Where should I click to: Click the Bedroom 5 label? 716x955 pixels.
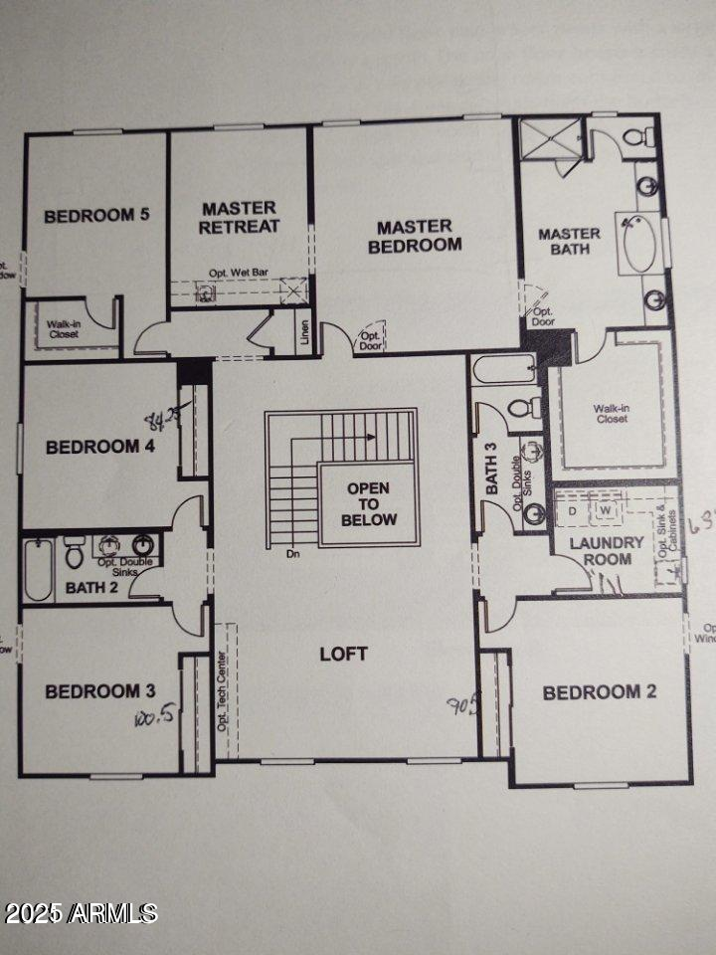(x=96, y=215)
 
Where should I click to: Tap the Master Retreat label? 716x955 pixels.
(x=239, y=217)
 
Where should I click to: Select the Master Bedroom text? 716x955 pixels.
(x=415, y=237)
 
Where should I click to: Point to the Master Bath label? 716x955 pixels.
(x=570, y=241)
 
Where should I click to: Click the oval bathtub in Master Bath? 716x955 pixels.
(x=640, y=242)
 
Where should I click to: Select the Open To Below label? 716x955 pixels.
(x=368, y=504)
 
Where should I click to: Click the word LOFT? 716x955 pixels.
(x=343, y=654)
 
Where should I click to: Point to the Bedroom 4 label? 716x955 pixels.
(x=99, y=447)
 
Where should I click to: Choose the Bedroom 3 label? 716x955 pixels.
(x=99, y=691)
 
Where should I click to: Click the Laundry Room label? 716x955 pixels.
(x=607, y=550)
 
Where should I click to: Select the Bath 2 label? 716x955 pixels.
(x=91, y=588)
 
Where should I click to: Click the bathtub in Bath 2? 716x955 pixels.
(x=38, y=569)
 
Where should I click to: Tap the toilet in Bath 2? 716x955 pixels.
(x=74, y=552)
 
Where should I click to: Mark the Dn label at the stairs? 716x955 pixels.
(x=291, y=554)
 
